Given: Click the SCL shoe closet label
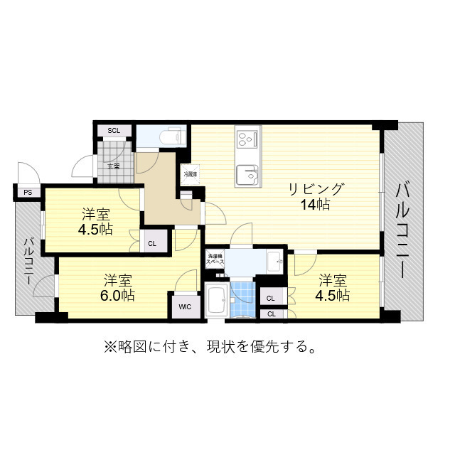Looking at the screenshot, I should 114,131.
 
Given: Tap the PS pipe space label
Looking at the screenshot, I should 28,192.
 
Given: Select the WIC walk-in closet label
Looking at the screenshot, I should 185,306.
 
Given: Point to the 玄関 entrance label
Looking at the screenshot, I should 114,166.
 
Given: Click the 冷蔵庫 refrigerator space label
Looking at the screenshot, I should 190,174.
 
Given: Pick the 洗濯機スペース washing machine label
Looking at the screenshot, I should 216,259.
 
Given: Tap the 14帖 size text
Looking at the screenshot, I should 315,205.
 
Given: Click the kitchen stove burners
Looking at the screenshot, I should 247,136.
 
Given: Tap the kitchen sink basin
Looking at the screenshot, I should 247,173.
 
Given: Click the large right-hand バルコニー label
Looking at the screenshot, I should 403,231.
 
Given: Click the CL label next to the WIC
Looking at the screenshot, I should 152,243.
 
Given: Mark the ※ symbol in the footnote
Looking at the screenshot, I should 109,347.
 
